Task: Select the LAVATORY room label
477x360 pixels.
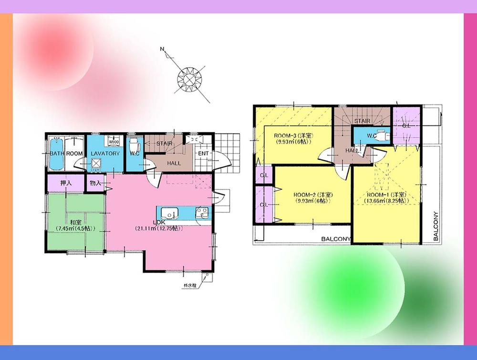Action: [x=104, y=154]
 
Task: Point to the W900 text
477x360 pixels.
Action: [x=114, y=142]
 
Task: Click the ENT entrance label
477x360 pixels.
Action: [x=203, y=154]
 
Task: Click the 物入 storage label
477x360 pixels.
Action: [x=95, y=183]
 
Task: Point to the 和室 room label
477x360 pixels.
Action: [x=73, y=222]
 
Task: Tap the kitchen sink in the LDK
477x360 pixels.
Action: [x=168, y=213]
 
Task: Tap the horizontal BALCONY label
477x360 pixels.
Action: [x=336, y=239]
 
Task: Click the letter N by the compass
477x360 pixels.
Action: [x=162, y=49]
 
